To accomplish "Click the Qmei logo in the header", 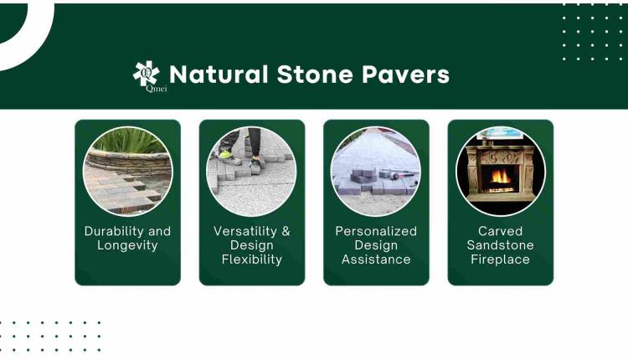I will point(147,75).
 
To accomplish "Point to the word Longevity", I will point(127,245).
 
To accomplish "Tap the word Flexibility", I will point(251,260).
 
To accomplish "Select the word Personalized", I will point(376,231).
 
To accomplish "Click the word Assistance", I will point(376,260).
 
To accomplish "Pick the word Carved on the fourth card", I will point(500,231).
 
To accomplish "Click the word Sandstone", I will point(500,245).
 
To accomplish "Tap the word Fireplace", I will point(500,260).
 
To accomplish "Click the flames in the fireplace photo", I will point(501,177).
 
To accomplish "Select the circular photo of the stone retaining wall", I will point(127,171).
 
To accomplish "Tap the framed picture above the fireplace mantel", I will point(500,133).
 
